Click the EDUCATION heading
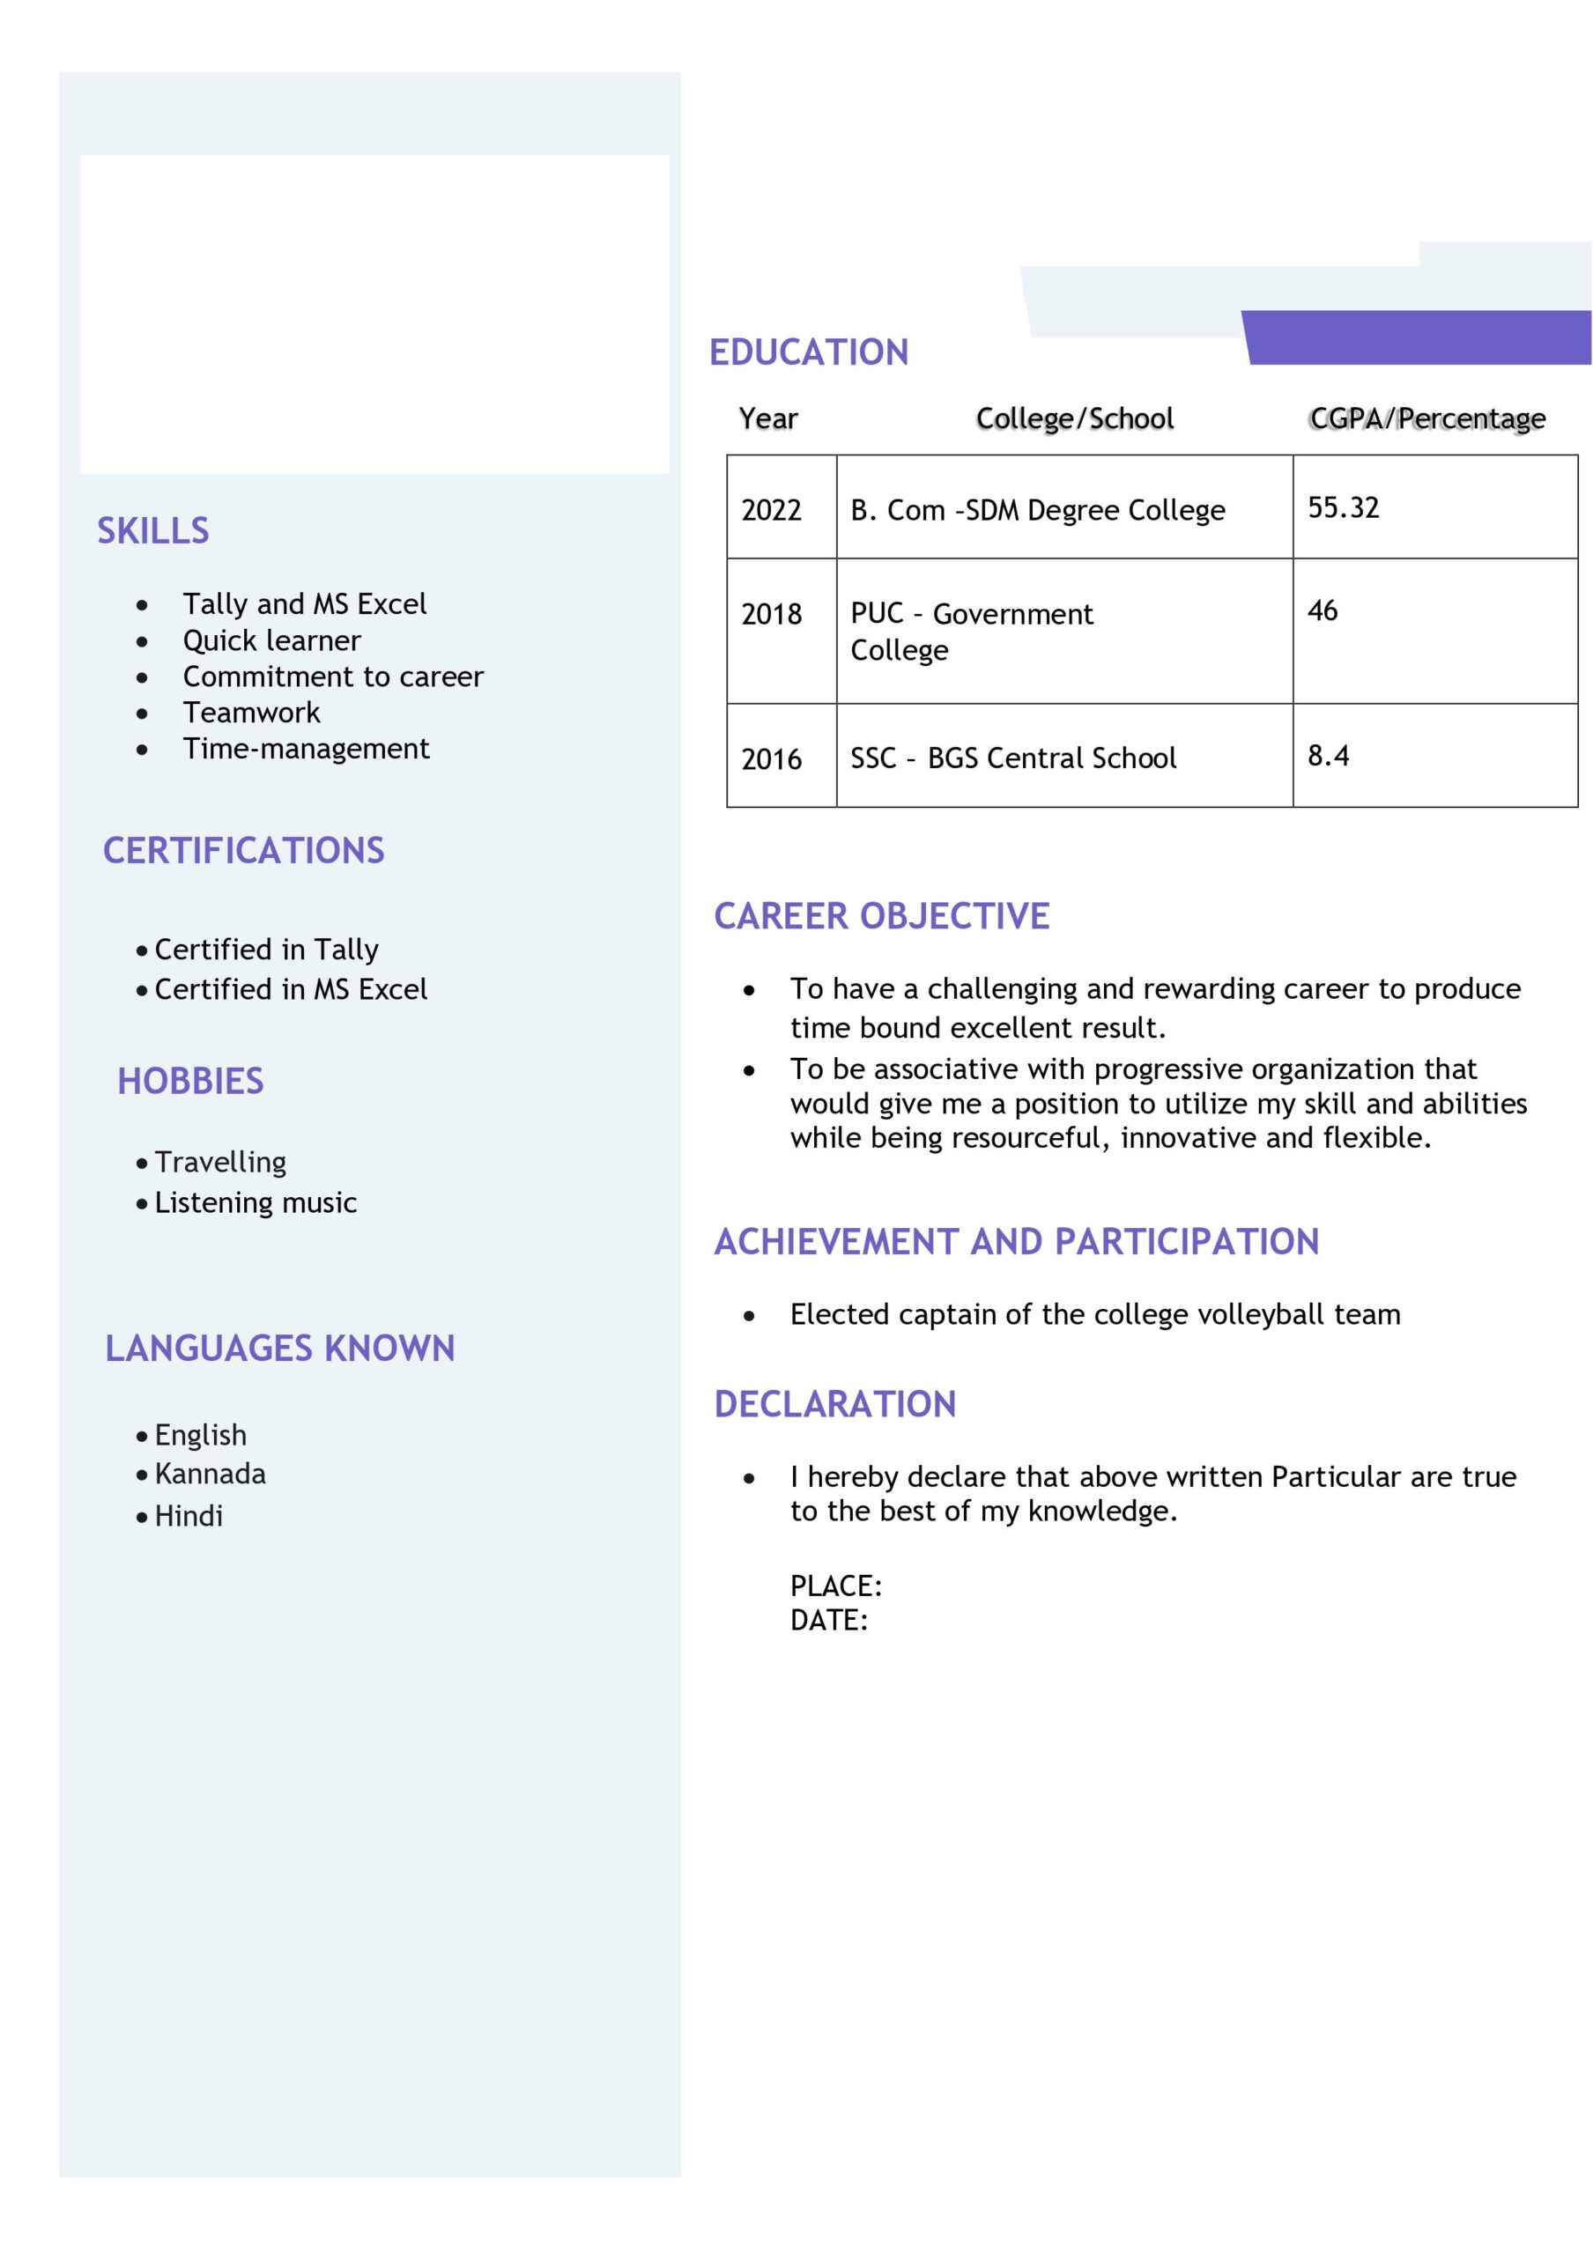click(808, 351)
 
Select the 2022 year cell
click(771, 510)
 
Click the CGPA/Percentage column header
click(1426, 418)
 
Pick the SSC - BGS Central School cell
click(1012, 758)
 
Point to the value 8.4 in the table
click(1328, 755)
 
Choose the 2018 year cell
click(771, 614)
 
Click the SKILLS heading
click(153, 530)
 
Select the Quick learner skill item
click(272, 640)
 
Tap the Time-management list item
click(306, 749)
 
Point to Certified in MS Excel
click(291, 989)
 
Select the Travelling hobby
click(220, 1162)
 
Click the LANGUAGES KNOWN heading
click(280, 1348)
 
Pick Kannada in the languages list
click(211, 1473)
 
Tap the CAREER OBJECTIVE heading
click(881, 915)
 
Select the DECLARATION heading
click(834, 1403)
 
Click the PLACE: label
click(836, 1586)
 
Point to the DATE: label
click(829, 1620)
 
